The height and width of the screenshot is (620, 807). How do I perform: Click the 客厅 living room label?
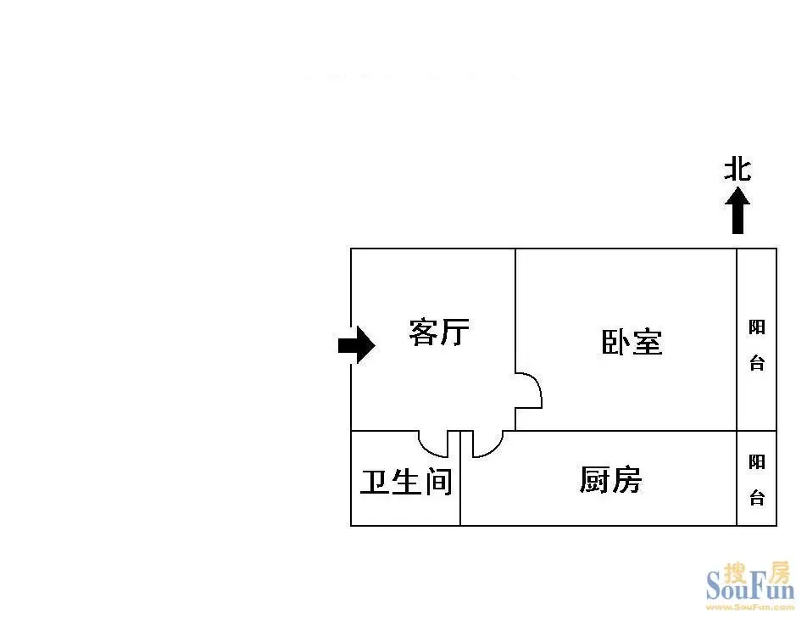coord(439,332)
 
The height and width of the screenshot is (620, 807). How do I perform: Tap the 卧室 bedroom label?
coord(632,342)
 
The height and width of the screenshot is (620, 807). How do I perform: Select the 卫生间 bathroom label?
coord(406,482)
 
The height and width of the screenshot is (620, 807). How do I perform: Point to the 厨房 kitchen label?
coord(610,479)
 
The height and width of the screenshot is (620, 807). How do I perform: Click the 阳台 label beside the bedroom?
coord(756,345)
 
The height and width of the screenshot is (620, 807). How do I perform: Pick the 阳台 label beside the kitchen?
coord(756,480)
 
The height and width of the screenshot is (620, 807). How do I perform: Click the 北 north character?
coord(737,170)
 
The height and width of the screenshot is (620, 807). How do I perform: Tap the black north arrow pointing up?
coord(737,210)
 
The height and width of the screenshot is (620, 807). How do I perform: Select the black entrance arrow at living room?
coord(357,345)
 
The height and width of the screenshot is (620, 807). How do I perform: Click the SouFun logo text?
coord(750,587)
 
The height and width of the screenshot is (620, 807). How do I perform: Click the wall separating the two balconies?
coord(756,431)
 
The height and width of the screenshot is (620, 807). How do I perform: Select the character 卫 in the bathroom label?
coord(374,482)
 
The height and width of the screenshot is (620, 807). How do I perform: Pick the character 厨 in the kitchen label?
coord(594,479)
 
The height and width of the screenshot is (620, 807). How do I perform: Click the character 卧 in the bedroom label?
coord(616,342)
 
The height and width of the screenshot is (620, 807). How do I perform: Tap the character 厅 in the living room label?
coord(455,332)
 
